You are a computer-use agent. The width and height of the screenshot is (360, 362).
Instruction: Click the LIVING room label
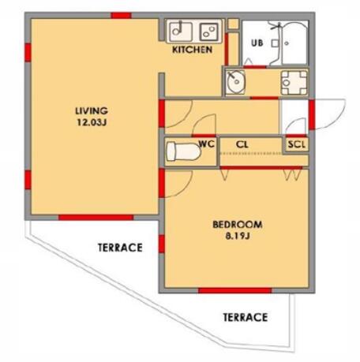tap(92, 110)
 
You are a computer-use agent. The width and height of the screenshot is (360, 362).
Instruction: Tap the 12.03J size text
tap(92, 122)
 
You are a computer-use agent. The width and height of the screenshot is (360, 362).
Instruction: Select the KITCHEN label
tap(192, 50)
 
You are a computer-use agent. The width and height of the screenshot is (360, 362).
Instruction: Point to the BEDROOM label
tap(238, 225)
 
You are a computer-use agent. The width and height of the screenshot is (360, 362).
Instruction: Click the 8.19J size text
tap(238, 236)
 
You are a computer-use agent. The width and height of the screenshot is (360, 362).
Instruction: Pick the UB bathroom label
tap(257, 43)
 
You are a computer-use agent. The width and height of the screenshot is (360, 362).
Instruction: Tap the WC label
tap(207, 144)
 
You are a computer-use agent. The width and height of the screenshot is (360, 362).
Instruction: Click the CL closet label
tap(242, 144)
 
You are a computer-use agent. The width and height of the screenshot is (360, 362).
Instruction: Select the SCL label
tap(297, 144)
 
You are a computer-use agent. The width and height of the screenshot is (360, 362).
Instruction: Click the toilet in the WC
tap(183, 151)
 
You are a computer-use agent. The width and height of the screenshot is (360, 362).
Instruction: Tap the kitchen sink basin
tap(181, 32)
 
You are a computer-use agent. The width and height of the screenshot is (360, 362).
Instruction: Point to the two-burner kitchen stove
tap(209, 32)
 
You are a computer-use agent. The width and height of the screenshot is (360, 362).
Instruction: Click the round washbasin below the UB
tap(235, 81)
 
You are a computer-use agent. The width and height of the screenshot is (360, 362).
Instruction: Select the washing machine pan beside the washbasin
tap(294, 83)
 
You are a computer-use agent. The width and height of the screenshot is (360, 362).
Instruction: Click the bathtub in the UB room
tap(294, 43)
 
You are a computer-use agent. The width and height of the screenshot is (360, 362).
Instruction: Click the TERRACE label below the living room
tap(120, 248)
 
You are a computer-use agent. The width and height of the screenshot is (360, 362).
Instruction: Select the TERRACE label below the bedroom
tap(246, 317)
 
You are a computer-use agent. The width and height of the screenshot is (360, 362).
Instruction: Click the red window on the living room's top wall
tap(121, 16)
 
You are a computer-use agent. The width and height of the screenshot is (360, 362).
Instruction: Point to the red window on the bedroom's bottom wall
tap(234, 290)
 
